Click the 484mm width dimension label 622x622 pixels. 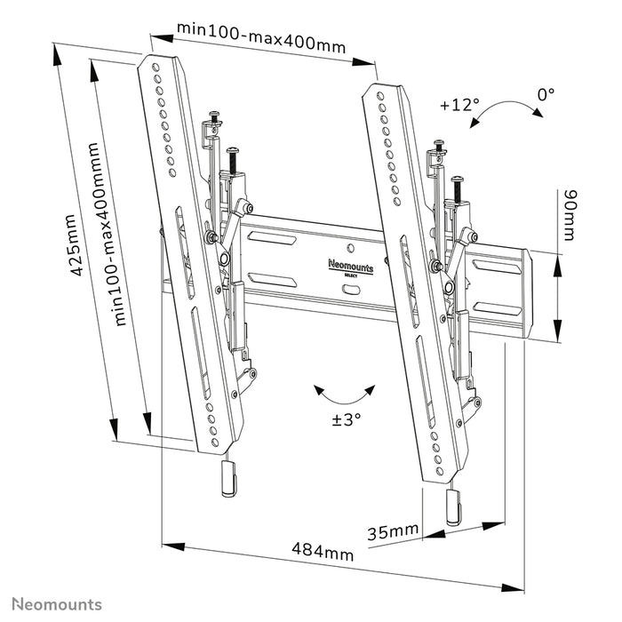click(x=323, y=552)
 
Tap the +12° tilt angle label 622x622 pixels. click(x=459, y=105)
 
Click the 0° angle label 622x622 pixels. click(x=545, y=92)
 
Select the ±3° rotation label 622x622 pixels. click(x=346, y=419)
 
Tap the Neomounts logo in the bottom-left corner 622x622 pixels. click(x=56, y=604)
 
